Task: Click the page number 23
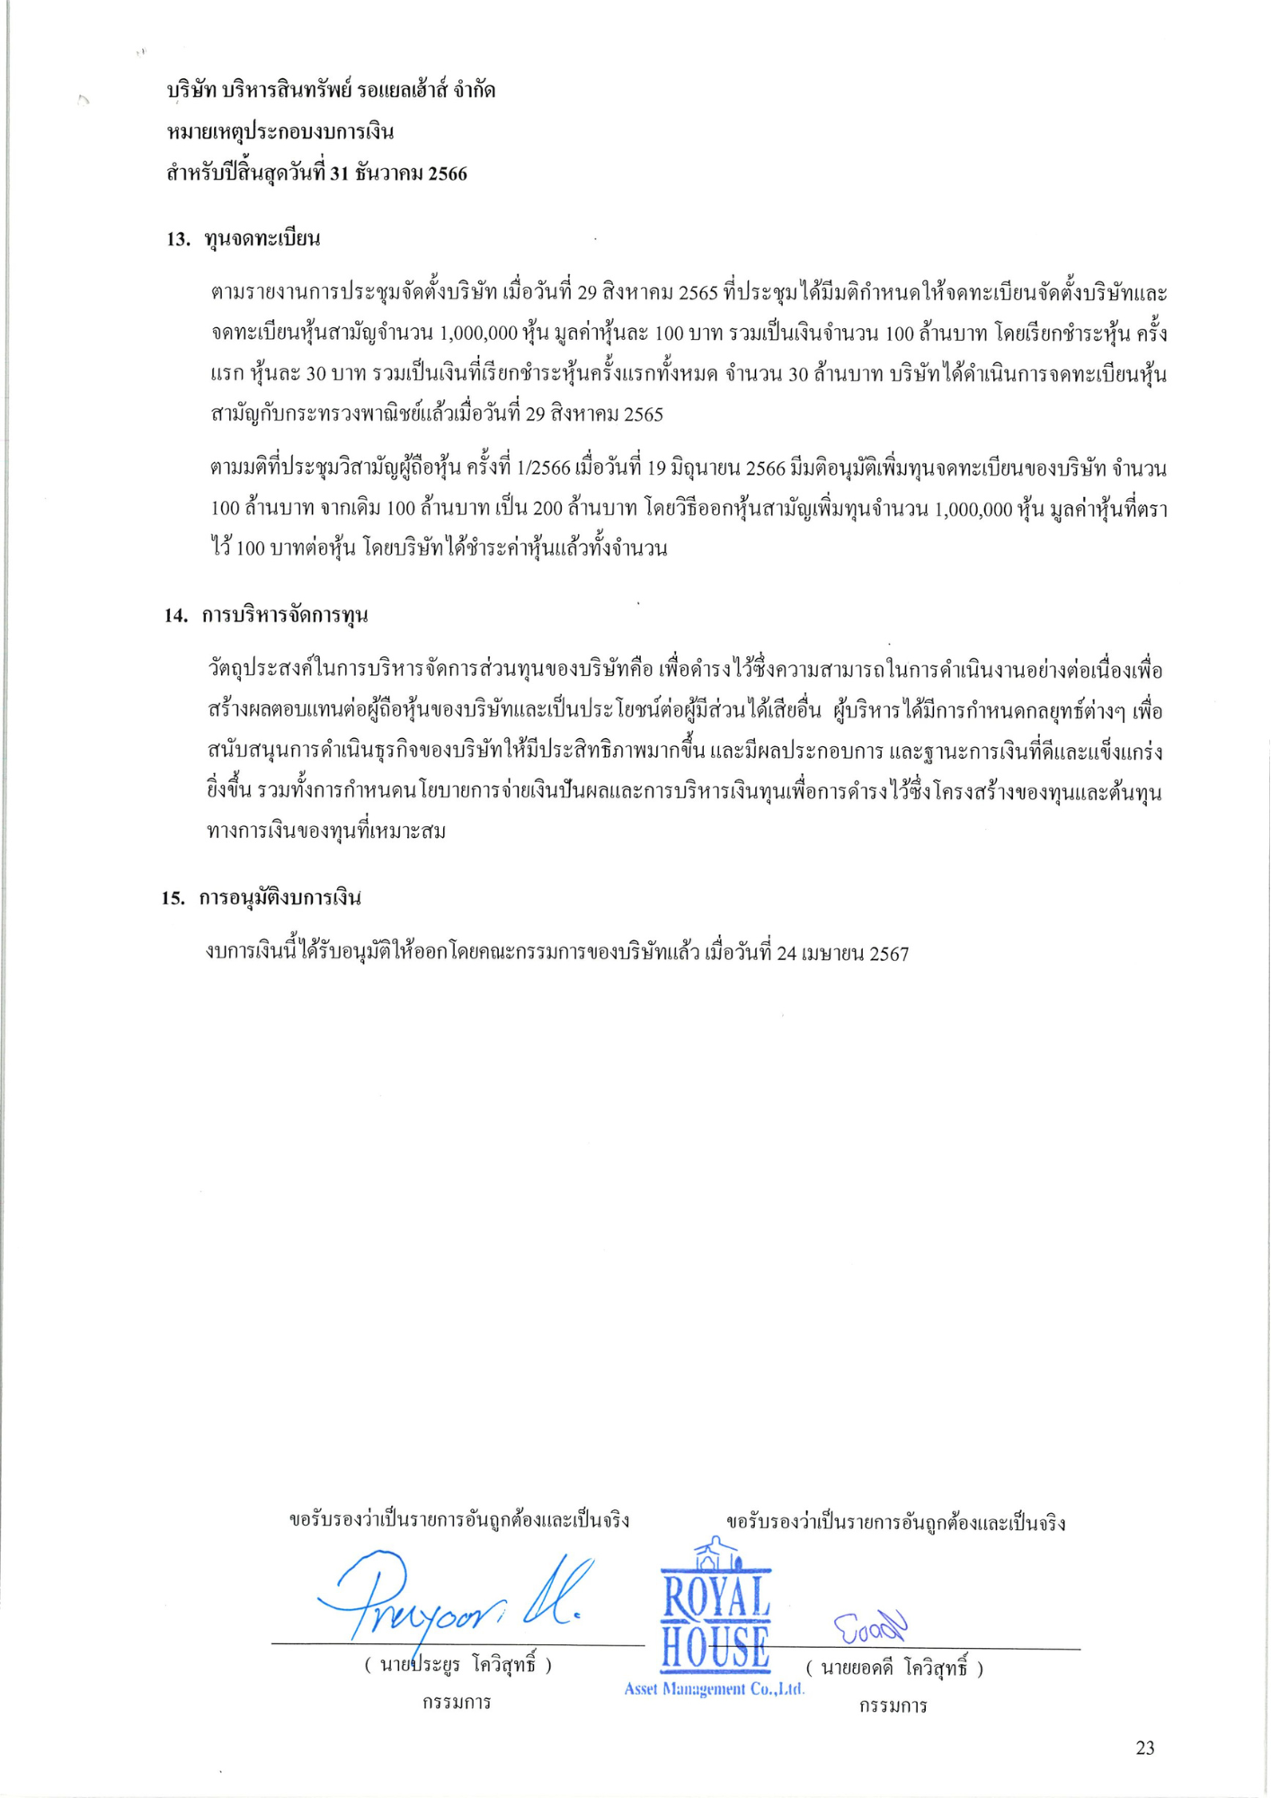pyautogui.click(x=1144, y=1748)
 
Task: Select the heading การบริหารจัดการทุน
pyautogui.click(x=284, y=616)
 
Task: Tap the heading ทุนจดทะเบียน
pyautogui.click(x=262, y=239)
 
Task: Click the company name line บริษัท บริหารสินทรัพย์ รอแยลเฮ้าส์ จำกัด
pyautogui.click(x=331, y=91)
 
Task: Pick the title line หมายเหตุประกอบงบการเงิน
pyautogui.click(x=280, y=132)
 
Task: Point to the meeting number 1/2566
pyautogui.click(x=543, y=468)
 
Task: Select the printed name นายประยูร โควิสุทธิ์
pyautogui.click(x=458, y=1665)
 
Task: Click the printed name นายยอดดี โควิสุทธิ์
pyautogui.click(x=894, y=1669)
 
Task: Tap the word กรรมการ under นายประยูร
pyautogui.click(x=457, y=1702)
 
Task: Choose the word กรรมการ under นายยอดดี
pyautogui.click(x=893, y=1705)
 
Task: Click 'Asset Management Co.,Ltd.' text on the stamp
pyautogui.click(x=714, y=1689)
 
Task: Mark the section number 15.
pyautogui.click(x=173, y=898)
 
